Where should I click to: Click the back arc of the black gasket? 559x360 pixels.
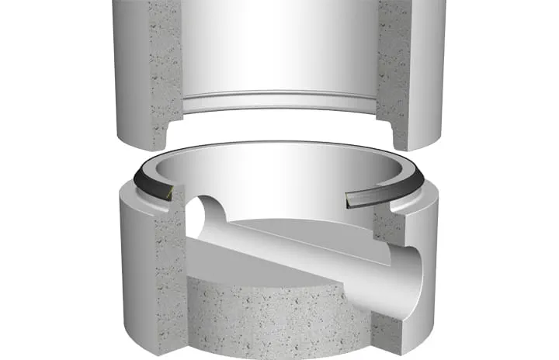[279, 145]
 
